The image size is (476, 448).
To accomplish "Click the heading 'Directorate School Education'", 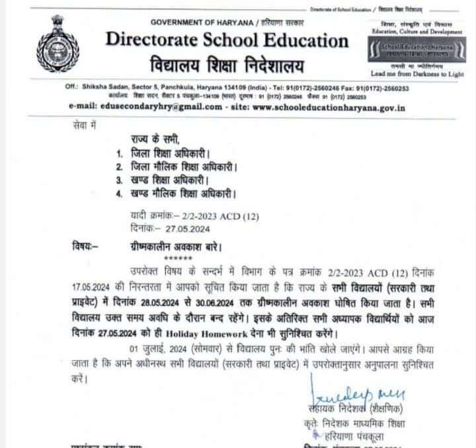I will point(227,40).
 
